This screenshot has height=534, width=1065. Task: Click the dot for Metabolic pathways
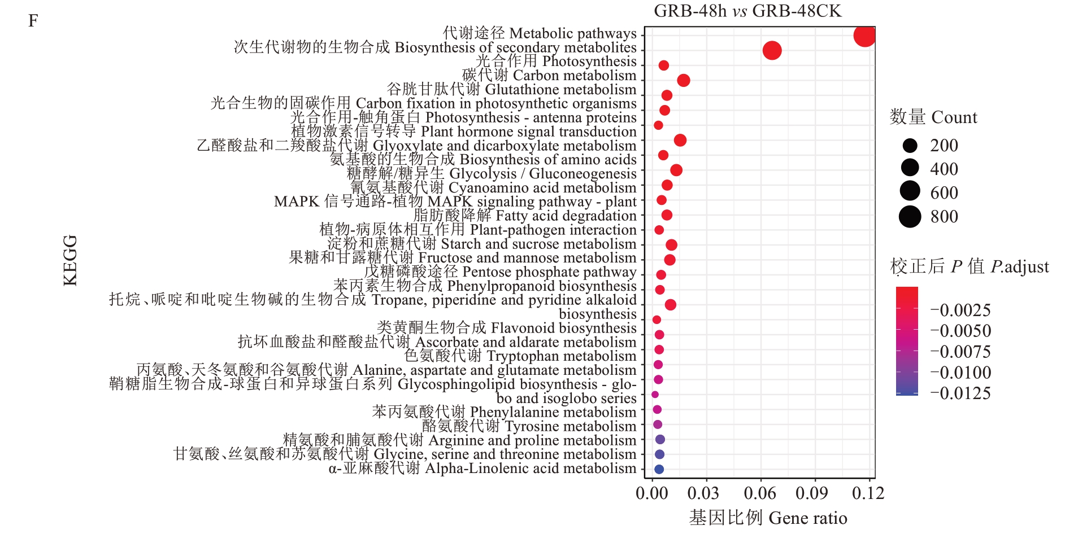[x=864, y=36]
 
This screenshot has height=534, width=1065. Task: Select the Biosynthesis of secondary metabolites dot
[x=772, y=51]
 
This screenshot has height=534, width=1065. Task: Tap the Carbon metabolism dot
[x=683, y=81]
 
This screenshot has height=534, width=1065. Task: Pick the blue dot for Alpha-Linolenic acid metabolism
[x=659, y=469]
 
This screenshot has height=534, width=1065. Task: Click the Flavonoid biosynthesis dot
[x=657, y=320]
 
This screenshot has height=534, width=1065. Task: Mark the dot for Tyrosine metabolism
[x=658, y=424]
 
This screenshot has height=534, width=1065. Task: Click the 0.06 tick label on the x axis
[x=760, y=493]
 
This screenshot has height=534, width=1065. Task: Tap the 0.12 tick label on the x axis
[x=868, y=493]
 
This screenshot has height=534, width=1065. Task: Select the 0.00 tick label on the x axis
[x=652, y=493]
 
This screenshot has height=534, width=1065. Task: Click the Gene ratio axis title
[x=768, y=518]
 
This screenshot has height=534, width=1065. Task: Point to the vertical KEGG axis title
[x=70, y=260]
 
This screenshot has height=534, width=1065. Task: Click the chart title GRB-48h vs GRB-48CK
[x=747, y=11]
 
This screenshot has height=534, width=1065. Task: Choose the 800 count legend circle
[x=910, y=217]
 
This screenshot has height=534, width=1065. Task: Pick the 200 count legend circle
[x=910, y=146]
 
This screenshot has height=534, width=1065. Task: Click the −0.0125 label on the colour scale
[x=960, y=393]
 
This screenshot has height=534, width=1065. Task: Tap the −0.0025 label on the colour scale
[x=960, y=310]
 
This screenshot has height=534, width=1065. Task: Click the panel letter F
[x=33, y=21]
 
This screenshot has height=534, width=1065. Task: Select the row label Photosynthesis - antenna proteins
[x=463, y=117]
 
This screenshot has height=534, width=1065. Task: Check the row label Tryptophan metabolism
[x=520, y=356]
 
